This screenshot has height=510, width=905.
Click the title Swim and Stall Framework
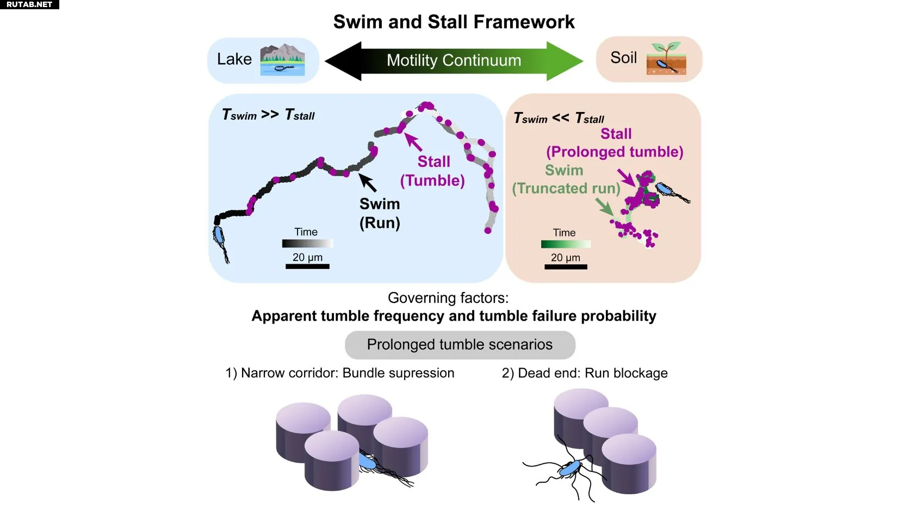(454, 22)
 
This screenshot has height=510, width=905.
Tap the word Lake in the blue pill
(234, 59)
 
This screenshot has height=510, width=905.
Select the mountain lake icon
(282, 60)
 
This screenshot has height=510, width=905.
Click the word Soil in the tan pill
(623, 58)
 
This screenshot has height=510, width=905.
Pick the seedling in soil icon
(666, 59)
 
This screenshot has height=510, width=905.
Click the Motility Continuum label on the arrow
(454, 60)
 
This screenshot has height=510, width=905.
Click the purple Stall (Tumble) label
(433, 171)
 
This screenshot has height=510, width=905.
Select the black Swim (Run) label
(380, 213)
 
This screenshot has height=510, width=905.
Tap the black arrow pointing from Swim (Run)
(368, 183)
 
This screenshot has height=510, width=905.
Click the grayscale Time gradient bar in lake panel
(307, 244)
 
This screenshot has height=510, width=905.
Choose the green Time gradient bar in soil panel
(566, 244)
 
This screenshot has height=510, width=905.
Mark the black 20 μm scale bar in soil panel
(566, 267)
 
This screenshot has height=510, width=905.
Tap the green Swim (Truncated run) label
(566, 179)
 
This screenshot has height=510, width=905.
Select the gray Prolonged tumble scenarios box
(460, 345)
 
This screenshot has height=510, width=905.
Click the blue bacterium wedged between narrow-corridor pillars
(369, 463)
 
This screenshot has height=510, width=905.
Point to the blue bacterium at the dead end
(570, 469)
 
